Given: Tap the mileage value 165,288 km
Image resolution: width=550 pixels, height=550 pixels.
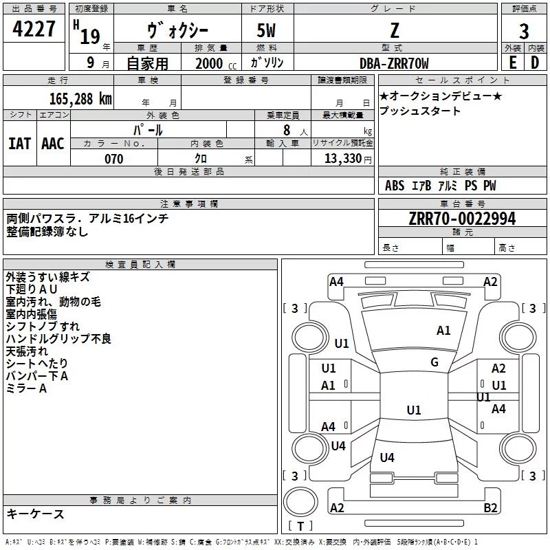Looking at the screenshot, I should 80,98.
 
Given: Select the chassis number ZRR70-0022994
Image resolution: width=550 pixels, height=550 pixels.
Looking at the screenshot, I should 462,219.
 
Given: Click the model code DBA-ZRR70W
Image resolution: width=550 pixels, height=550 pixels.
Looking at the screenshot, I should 394,63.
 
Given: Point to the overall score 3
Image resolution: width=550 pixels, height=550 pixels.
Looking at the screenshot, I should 524,31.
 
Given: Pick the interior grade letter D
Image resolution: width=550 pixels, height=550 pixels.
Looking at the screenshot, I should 535,63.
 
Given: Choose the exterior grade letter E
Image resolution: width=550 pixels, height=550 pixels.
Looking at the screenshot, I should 512,63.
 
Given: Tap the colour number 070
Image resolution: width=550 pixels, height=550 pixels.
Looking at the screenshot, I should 113,159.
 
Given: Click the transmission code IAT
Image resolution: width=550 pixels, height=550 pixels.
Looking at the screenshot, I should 19,143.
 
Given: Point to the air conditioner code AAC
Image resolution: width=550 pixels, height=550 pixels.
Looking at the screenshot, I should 53,143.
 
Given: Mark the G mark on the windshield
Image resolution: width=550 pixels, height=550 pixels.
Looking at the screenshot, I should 434,362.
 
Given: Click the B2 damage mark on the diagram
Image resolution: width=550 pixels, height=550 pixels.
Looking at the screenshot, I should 490,508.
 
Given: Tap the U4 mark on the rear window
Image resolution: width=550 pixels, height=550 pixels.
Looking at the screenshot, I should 387,457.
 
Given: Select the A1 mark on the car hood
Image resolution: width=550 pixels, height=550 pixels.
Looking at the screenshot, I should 443,331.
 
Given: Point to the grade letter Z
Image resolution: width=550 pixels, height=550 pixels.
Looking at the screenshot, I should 394,30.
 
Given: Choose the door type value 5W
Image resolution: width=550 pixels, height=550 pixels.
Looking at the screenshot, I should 267,31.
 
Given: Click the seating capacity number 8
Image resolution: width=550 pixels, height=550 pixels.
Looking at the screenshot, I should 285,130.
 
